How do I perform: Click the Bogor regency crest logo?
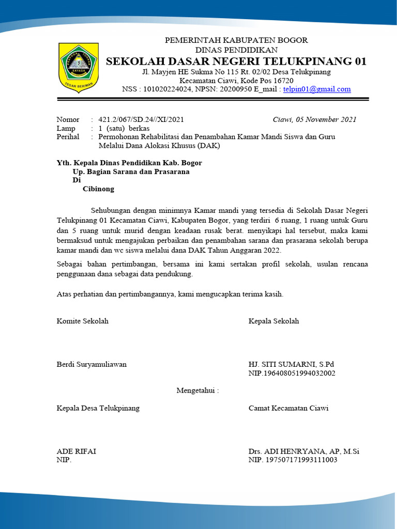79,67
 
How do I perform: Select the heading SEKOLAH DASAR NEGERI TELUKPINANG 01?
236,61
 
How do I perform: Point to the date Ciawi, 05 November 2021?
314,119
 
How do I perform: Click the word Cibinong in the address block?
98,189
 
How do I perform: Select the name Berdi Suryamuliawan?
91,364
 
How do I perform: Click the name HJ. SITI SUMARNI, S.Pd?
291,364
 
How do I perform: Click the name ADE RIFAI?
76,451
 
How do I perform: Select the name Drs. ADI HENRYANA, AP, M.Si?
304,451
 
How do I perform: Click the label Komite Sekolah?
83,321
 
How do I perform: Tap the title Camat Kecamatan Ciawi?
288,408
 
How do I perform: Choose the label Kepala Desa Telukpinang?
98,408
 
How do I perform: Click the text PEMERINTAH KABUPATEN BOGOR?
236,40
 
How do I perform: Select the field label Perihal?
68,137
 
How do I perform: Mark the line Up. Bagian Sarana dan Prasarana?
131,172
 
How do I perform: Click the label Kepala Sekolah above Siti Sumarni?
273,321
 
